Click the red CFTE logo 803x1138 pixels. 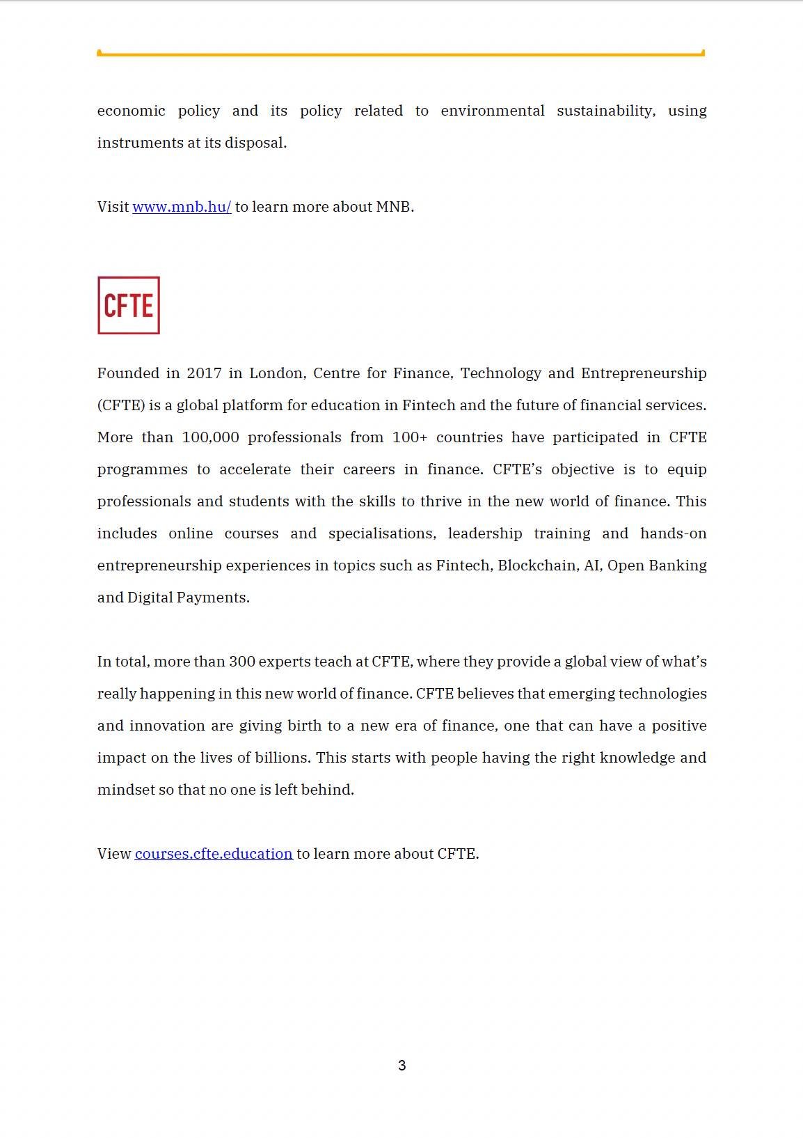(x=129, y=306)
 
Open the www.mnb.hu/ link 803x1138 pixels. (x=182, y=207)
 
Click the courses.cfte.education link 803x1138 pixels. (x=214, y=854)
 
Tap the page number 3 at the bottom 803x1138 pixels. (x=401, y=1066)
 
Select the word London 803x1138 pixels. (x=276, y=373)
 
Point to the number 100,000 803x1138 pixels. (x=210, y=437)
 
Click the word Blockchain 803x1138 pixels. (x=537, y=566)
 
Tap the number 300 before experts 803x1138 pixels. (x=241, y=662)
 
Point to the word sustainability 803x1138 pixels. (x=605, y=111)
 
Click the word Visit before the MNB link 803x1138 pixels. (x=113, y=207)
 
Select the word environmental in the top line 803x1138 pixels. (x=493, y=111)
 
